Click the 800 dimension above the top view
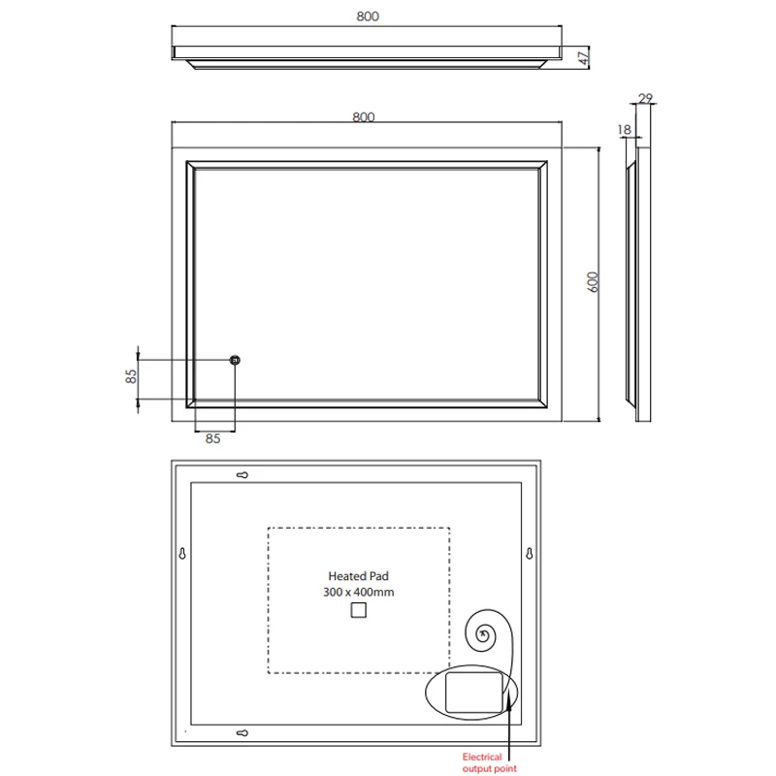[x=368, y=16]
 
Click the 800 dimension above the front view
[x=364, y=116]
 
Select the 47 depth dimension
[x=585, y=57]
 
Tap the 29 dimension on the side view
[x=645, y=99]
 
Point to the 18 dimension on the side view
[x=624, y=130]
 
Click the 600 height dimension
[x=593, y=282]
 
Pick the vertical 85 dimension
[x=131, y=376]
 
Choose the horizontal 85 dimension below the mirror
[x=212, y=438]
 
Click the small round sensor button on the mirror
[x=235, y=360]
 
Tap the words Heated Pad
[x=358, y=576]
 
